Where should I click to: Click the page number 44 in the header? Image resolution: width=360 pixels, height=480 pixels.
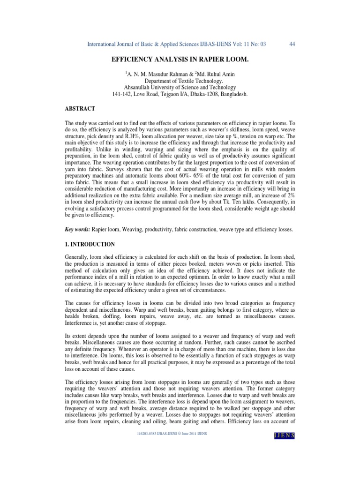(x=292, y=44)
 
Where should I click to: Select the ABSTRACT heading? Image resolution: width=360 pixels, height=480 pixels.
(x=80, y=108)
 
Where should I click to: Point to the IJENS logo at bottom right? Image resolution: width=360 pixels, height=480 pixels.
(x=284, y=436)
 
